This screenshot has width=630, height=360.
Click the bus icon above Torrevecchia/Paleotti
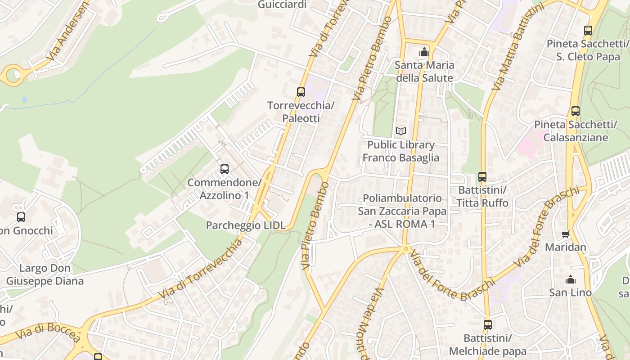coord(301,92)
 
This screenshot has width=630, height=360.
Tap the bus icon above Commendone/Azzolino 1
coord(224,169)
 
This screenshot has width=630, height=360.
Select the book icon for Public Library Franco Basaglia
coord(400,131)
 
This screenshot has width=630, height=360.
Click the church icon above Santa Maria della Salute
coord(424,52)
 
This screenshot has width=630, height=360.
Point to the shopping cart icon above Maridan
coord(566,234)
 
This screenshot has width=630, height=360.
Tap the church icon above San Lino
coord(571,279)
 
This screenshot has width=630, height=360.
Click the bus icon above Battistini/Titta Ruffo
coord(482,176)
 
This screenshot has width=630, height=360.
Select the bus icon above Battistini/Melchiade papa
coord(487,324)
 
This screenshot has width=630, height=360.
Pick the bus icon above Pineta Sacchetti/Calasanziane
coord(575,111)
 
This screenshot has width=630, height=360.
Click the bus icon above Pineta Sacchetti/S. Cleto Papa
coord(588,31)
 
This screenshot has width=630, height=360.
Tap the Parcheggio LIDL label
coord(246,225)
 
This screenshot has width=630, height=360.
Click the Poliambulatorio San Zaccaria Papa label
coord(402,211)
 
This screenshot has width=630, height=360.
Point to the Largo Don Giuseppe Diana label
coord(45,274)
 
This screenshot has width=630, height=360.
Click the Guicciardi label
coord(282,4)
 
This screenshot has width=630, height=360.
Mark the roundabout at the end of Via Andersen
coord(13,74)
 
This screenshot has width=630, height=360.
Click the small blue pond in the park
coord(24,99)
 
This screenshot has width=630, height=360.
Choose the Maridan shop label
coord(566,247)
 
